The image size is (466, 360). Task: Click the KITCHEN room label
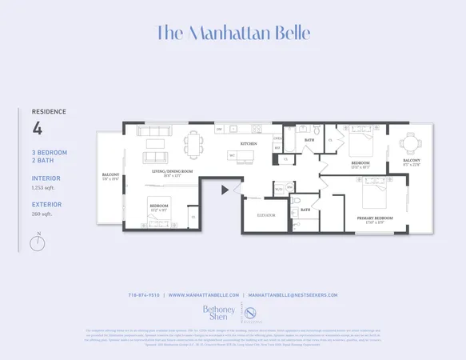coord(249,143)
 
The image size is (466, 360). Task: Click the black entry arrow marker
coord(225,190)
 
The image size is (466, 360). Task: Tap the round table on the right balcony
coord(411,144)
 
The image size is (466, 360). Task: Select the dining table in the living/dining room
coord(194,145)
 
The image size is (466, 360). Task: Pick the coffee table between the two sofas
coord(155,144)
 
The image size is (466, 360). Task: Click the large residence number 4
coord(37,128)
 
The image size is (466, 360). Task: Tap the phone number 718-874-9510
coord(145,295)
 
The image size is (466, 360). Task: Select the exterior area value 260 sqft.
coord(42,214)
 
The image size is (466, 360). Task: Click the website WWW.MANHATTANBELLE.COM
coord(204,295)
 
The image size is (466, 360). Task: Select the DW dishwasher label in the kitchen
coord(219,129)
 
